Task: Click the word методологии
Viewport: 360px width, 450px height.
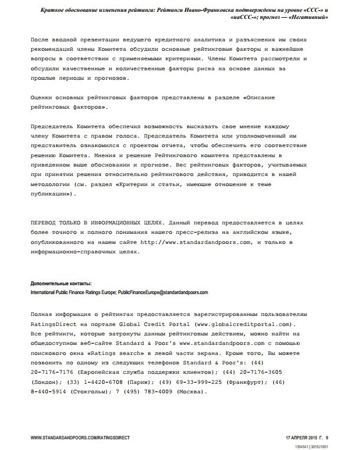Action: point(53,184)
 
